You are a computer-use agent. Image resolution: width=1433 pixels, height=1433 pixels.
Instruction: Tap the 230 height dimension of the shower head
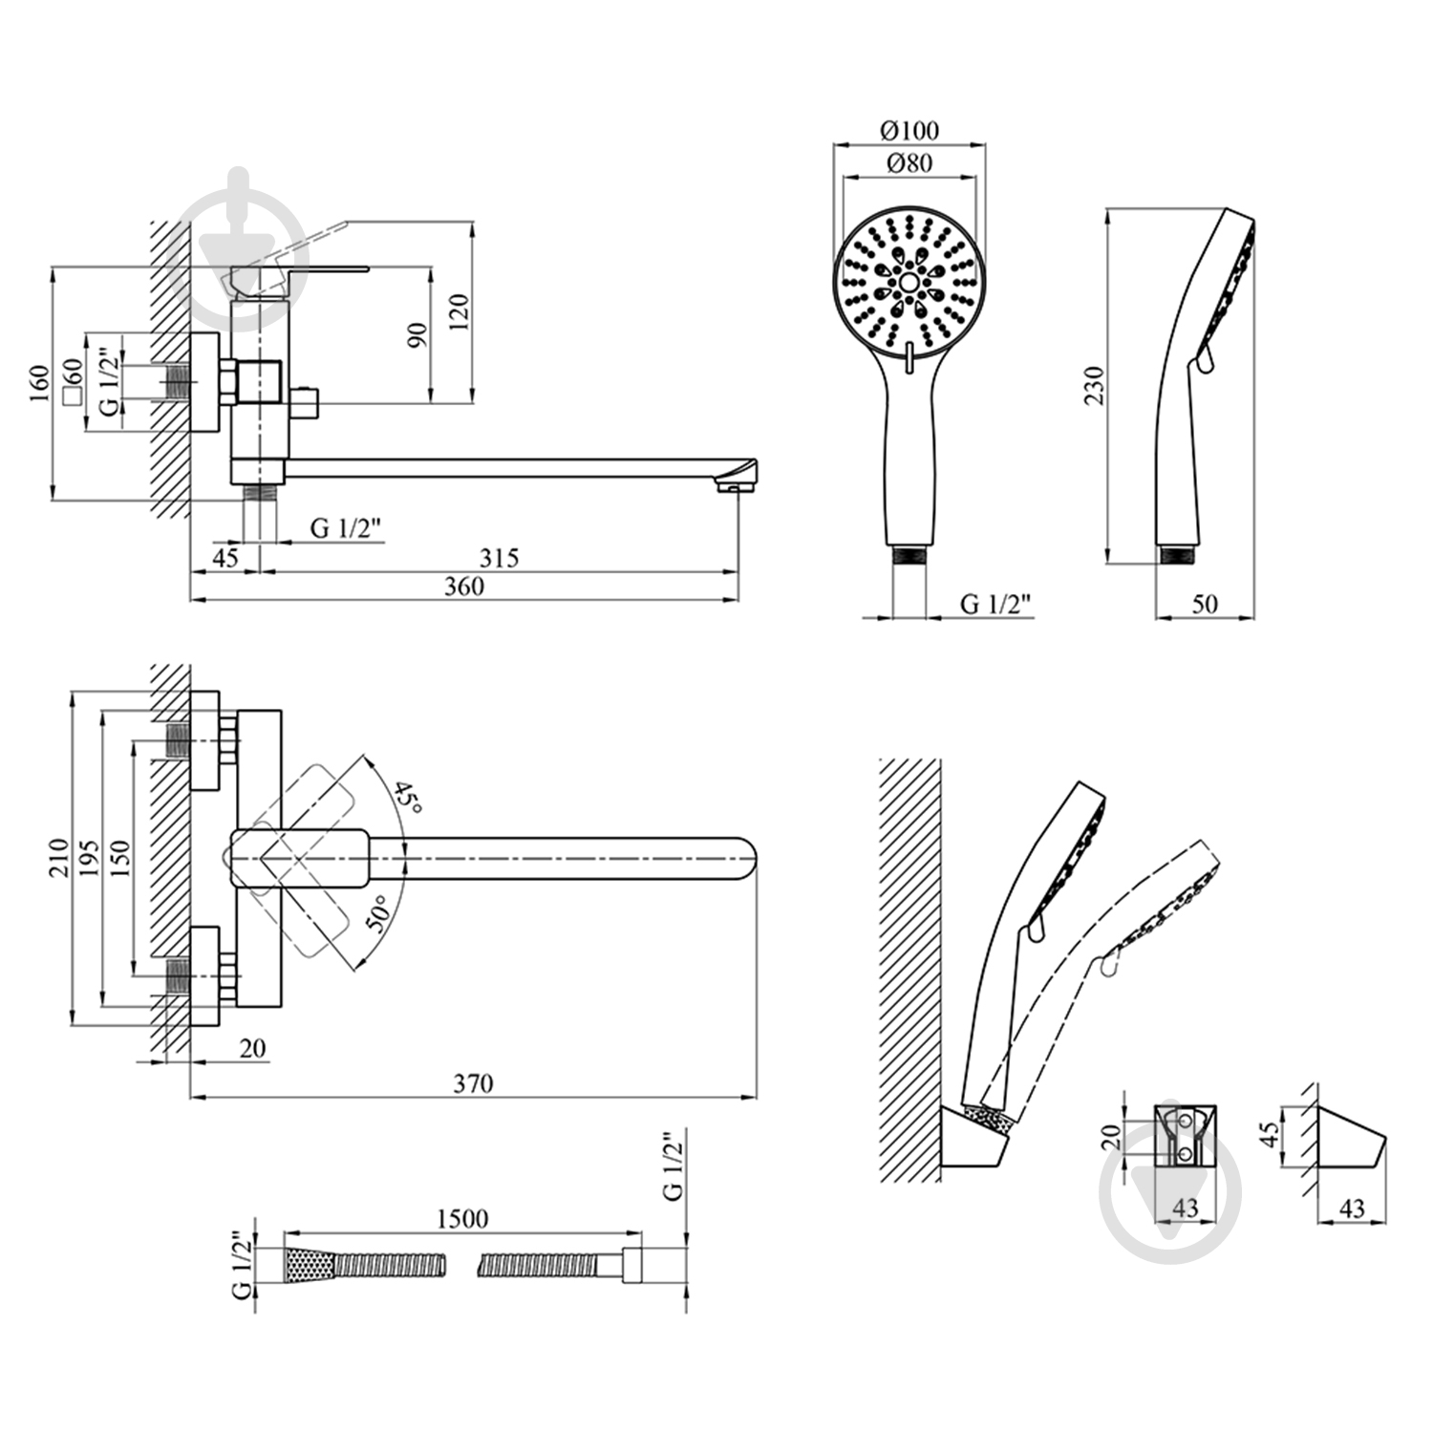tap(1095, 385)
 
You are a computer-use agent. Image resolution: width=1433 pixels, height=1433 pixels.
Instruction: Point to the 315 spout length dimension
tap(499, 557)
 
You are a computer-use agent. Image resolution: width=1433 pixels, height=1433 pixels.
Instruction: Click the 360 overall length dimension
tap(464, 587)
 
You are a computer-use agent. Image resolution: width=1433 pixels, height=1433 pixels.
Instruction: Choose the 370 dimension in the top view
tap(473, 1083)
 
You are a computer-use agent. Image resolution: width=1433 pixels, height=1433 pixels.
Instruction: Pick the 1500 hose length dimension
tap(462, 1219)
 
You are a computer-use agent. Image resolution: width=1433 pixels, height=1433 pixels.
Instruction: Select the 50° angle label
tap(378, 913)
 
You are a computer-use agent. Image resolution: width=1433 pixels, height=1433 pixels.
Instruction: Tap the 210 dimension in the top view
tap(59, 857)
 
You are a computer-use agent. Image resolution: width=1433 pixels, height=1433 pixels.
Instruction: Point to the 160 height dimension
tap(39, 384)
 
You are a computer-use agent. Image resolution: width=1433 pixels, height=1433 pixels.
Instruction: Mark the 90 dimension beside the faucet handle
tap(417, 334)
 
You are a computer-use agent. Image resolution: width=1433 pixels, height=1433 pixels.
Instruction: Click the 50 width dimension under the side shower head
tap(1206, 604)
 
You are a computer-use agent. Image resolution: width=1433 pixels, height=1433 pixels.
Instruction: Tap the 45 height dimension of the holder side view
tap(1269, 1134)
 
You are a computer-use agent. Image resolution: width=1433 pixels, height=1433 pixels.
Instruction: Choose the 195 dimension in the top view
tap(89, 857)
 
